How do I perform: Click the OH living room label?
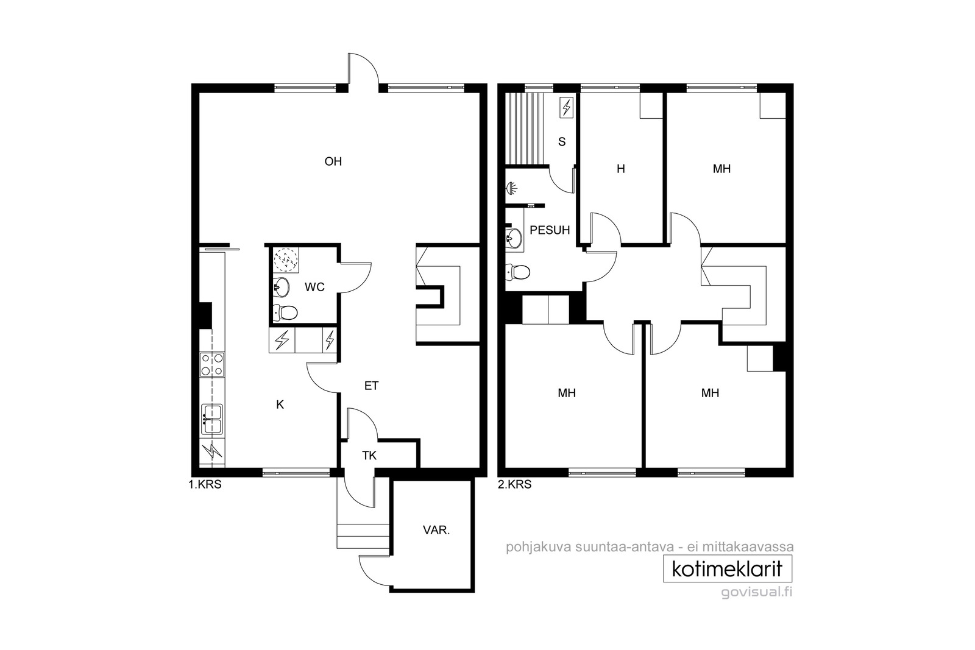coord(333,162)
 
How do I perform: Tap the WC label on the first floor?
coord(314,287)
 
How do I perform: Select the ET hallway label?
coord(371,386)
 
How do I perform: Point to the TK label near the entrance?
coord(369,456)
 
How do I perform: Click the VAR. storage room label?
coord(436,530)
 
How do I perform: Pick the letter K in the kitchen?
coord(280,404)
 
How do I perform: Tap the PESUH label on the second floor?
coord(550,230)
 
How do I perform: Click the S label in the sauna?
coord(562,142)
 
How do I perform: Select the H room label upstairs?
coord(621,169)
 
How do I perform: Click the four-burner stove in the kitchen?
coord(212,364)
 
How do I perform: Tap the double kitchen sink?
coord(212,419)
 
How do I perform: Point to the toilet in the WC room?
coord(286,312)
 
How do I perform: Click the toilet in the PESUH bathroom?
coord(518,272)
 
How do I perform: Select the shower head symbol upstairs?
coord(511,189)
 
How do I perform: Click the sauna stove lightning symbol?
coord(566,107)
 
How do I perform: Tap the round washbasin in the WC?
coord(282,287)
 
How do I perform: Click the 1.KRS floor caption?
coord(205,485)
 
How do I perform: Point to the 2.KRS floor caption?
coord(514,485)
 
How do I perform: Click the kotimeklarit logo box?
coord(728,568)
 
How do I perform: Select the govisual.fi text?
coord(756,593)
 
